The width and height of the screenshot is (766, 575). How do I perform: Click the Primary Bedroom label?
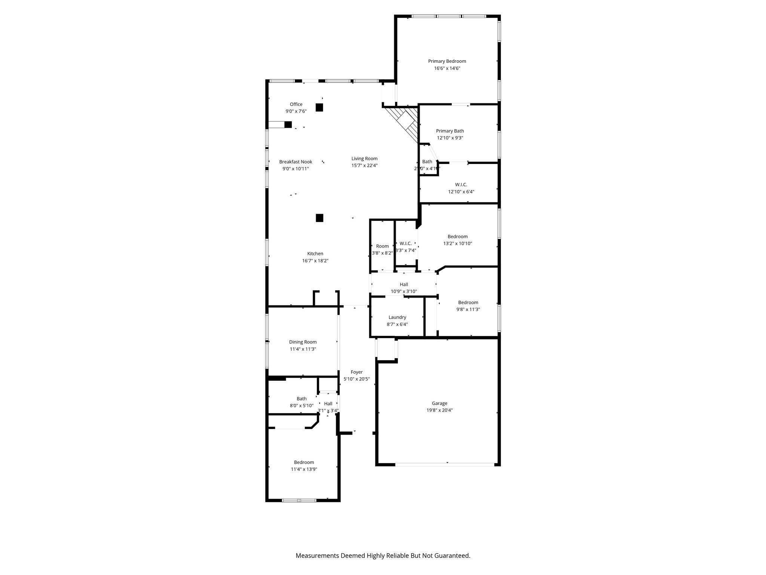pos(447,61)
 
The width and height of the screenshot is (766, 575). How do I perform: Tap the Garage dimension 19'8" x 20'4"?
pos(439,410)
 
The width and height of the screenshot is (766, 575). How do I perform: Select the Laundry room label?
pos(397,317)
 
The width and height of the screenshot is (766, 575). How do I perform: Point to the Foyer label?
pos(356,372)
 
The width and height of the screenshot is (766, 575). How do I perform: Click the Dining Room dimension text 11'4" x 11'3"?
pos(303,349)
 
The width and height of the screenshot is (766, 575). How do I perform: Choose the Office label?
pos(296,104)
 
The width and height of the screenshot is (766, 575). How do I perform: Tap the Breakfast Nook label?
pos(295,162)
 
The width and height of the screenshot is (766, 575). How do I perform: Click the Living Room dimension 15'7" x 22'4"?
pos(364,165)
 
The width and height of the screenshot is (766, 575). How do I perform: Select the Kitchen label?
pos(315,253)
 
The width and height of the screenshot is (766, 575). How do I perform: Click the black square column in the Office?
pos(319,107)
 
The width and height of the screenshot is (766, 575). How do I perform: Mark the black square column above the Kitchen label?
pos(319,218)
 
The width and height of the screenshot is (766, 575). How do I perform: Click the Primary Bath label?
pos(450,131)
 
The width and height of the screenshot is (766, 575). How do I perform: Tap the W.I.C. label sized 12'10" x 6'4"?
pos(461,185)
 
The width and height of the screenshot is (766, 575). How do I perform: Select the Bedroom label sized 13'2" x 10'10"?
pos(457,236)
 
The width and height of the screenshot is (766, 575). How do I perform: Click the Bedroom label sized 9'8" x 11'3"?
pos(468,302)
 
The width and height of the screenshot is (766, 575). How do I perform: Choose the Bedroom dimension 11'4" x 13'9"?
pos(304,469)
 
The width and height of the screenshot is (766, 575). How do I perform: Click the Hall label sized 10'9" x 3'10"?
pos(404,284)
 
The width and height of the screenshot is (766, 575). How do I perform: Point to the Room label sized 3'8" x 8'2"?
pos(382,246)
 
